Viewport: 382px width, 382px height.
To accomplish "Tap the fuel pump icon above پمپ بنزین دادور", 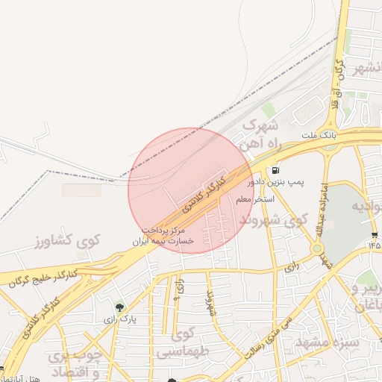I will click(x=277, y=169).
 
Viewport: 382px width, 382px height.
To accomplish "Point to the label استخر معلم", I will click(x=255, y=200).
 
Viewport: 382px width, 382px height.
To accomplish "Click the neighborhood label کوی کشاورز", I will click(x=67, y=240).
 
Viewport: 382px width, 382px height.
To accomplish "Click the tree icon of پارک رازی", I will click(x=119, y=306).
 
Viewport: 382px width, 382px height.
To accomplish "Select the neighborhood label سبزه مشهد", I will click(x=327, y=342).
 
